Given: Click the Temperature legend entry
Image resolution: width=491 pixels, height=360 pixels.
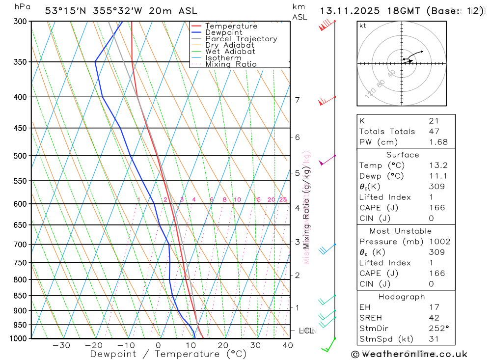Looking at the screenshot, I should [231, 26].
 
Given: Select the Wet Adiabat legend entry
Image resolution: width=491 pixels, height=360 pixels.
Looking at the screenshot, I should [230, 52].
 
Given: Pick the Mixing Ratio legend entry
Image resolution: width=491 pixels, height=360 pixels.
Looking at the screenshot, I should [231, 64].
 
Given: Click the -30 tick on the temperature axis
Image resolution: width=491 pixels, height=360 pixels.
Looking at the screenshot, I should [61, 345].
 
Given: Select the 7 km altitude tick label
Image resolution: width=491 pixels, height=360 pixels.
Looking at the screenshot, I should [297, 100].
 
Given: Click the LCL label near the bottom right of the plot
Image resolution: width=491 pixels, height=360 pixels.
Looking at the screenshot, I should [306, 331].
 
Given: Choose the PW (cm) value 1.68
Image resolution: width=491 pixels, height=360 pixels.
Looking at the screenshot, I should [438, 142].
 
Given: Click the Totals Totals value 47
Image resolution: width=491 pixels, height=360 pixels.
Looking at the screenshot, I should [434, 131].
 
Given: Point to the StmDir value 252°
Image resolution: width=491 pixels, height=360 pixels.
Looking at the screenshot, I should [438, 328].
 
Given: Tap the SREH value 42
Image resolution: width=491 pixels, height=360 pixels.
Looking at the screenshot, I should [434, 318].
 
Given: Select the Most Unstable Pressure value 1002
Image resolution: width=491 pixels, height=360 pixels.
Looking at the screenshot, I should [439, 242].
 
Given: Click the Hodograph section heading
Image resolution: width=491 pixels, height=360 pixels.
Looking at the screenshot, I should [402, 297].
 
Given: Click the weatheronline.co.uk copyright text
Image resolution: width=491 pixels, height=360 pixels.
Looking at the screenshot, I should [409, 354].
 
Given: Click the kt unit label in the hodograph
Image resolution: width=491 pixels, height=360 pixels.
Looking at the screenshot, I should [363, 26].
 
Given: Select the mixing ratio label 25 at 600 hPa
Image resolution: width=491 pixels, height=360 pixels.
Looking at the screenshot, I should [283, 199].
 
